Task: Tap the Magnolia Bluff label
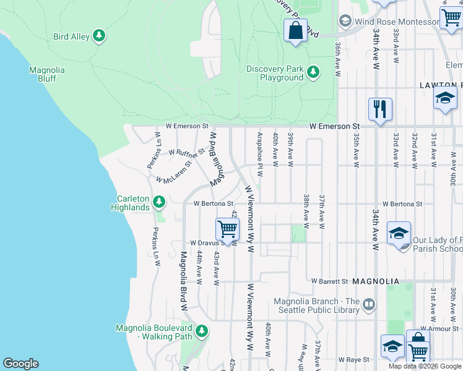pyautogui.click(x=46, y=74)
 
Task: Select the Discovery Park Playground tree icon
pyautogui.click(x=314, y=72)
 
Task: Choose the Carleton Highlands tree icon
pyautogui.click(x=159, y=202)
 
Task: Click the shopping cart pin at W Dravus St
pyautogui.click(x=228, y=229)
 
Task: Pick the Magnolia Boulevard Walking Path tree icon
pyautogui.click(x=201, y=331)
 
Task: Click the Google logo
pyautogui.click(x=20, y=364)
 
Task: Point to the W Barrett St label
pyautogui.click(x=329, y=281)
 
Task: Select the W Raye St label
pyautogui.click(x=354, y=359)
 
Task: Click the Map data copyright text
pyautogui.click(x=424, y=366)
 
